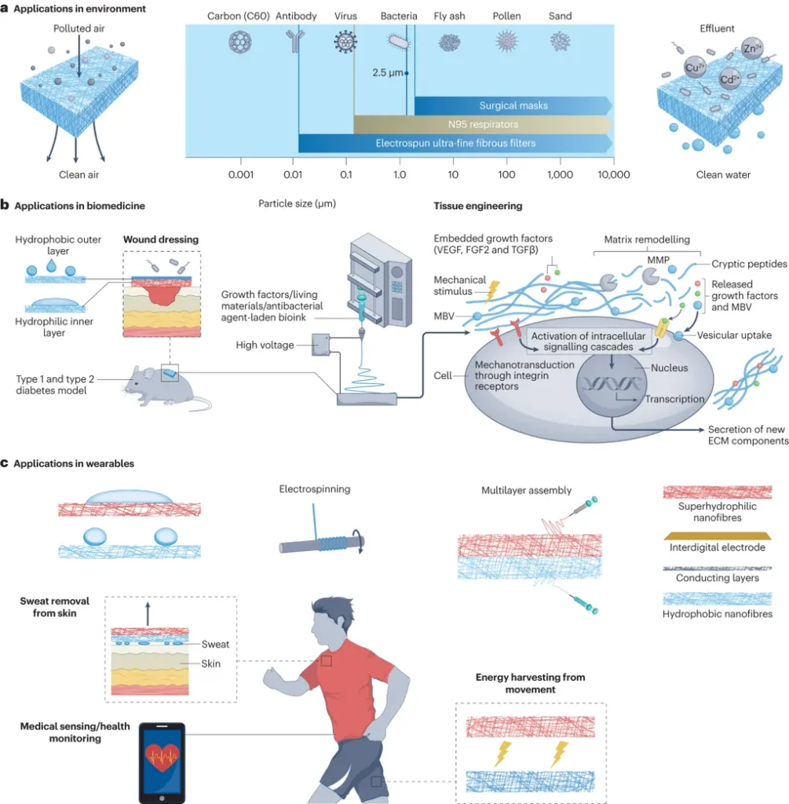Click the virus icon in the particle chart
coord(344,42)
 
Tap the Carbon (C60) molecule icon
coord(239,41)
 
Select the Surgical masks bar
coord(513,105)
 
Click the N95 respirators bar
coord(482,124)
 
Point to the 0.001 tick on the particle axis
coord(240,174)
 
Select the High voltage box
coord(323,342)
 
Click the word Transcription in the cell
coord(674,399)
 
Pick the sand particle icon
coord(560,41)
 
